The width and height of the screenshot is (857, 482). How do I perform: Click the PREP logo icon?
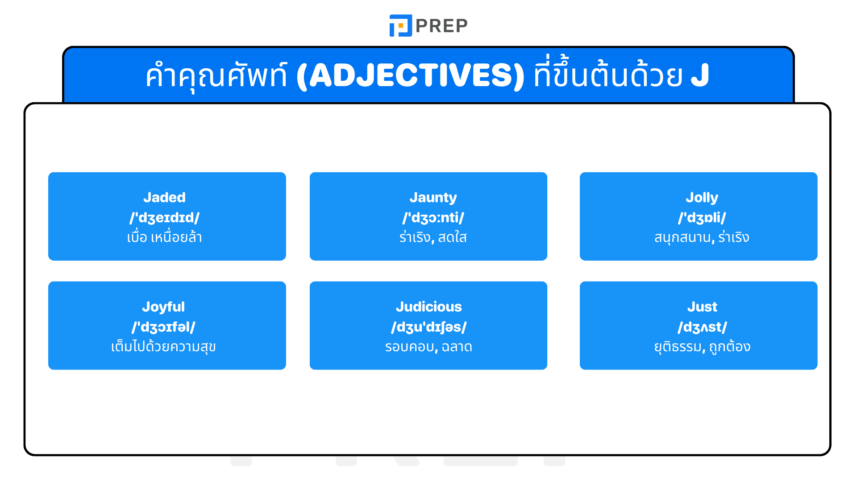click(400, 25)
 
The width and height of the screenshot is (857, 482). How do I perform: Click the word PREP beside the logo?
click(441, 26)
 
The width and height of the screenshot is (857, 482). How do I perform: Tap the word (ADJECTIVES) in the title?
click(410, 75)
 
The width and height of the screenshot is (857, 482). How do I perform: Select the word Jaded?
click(164, 197)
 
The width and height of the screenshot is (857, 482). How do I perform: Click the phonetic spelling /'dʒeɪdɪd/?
click(164, 217)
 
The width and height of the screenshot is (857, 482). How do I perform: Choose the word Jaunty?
click(433, 197)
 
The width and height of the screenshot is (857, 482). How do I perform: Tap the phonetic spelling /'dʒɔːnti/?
click(433, 217)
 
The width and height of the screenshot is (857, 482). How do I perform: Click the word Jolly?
click(702, 197)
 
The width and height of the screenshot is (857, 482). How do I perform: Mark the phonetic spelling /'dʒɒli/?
click(702, 217)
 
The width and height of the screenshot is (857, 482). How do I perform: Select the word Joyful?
click(163, 307)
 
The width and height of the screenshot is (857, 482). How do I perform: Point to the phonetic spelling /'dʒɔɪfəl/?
click(163, 327)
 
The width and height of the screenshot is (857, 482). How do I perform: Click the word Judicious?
click(428, 307)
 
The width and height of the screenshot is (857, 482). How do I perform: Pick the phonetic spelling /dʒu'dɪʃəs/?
click(428, 327)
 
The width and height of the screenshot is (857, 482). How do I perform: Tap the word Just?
click(702, 307)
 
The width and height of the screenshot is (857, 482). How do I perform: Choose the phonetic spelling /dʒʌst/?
click(702, 327)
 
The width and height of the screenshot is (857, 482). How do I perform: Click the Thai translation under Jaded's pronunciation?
click(164, 237)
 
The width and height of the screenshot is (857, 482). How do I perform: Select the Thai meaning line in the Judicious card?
click(428, 347)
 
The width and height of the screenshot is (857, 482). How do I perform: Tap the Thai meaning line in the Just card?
click(702, 347)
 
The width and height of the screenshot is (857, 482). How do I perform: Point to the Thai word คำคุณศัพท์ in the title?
click(216, 75)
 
